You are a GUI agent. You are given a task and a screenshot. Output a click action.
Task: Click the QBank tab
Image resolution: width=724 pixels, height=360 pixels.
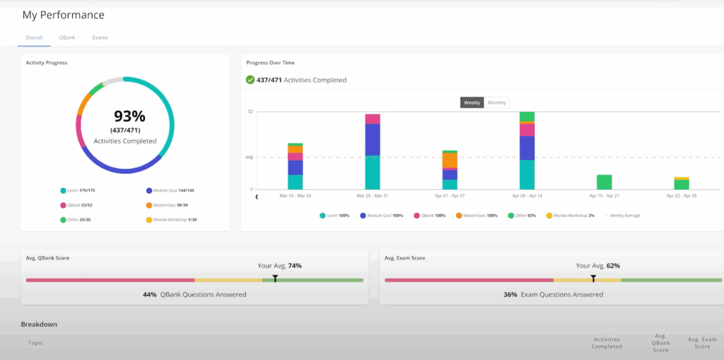tap(67, 37)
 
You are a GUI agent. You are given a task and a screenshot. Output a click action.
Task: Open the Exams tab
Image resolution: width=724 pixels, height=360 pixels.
tap(100, 37)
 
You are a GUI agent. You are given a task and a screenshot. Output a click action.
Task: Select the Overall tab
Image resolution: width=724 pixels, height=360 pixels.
tap(34, 37)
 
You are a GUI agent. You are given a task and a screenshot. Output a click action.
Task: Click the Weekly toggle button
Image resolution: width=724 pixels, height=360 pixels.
tap(472, 103)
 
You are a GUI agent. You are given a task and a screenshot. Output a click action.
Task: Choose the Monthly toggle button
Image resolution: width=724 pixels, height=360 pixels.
tap(496, 103)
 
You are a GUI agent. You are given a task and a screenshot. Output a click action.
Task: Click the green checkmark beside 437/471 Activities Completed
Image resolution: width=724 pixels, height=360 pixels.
tap(250, 80)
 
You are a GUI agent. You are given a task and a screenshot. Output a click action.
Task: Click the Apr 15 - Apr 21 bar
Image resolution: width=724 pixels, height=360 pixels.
tap(604, 182)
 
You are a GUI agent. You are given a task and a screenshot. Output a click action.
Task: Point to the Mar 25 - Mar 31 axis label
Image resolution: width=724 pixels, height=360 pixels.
tap(372, 195)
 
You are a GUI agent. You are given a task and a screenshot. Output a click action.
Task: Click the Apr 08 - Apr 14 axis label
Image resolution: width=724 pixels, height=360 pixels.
tap(527, 195)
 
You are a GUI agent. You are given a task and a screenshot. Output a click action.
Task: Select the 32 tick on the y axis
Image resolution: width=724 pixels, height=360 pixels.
tap(250, 112)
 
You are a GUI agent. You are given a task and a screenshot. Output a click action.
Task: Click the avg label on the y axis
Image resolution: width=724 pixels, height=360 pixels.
tap(249, 157)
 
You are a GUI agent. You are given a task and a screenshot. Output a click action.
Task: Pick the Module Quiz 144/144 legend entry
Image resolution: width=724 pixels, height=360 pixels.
tap(170, 190)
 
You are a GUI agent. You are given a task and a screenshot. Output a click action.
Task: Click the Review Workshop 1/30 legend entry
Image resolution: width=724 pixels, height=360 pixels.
tap(173, 220)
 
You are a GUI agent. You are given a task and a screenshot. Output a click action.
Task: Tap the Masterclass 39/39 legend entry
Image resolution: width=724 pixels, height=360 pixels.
tap(169, 205)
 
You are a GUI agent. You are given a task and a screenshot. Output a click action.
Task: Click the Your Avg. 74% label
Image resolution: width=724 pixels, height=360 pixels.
tap(279, 266)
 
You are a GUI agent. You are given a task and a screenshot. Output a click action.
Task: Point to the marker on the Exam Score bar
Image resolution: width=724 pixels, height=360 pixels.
tap(593, 279)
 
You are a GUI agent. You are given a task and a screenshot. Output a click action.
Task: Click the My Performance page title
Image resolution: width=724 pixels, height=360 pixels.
tap(63, 15)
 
